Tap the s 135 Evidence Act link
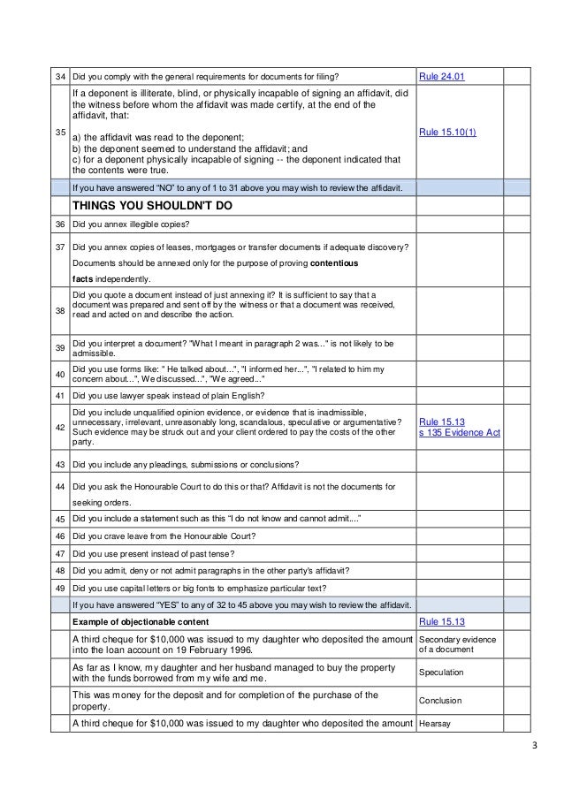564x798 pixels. [x=459, y=433]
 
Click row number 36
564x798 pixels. [x=59, y=224]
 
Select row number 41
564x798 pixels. [x=59, y=394]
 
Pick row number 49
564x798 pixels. [x=59, y=588]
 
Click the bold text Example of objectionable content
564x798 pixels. [x=151, y=622]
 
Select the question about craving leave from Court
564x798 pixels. [x=164, y=536]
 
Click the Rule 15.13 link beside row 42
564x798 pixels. [x=441, y=422]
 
